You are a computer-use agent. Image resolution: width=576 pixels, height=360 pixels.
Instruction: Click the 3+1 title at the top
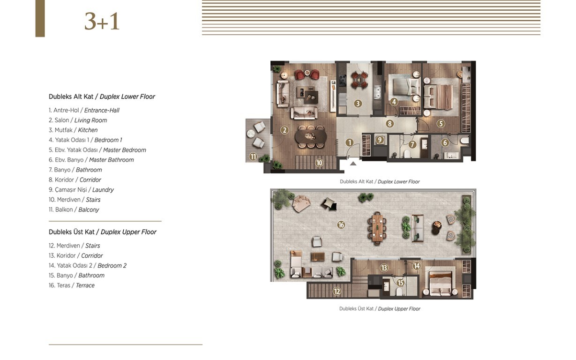point(102,22)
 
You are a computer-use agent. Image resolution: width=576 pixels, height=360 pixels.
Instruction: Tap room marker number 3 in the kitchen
point(358,104)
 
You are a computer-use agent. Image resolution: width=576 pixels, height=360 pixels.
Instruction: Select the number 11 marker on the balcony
point(253,157)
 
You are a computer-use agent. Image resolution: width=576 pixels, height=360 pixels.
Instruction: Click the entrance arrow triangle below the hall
point(353,163)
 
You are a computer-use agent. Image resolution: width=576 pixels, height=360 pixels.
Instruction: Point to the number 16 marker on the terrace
point(341,225)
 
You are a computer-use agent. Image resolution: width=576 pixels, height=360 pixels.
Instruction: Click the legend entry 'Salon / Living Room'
point(78,120)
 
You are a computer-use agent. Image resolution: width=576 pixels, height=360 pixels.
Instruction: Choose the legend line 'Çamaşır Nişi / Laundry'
point(81,190)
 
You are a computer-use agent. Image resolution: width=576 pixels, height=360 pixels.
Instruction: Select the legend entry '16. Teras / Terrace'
point(72,285)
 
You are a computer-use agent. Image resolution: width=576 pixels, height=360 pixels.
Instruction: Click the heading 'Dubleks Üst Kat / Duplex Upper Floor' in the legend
point(102,232)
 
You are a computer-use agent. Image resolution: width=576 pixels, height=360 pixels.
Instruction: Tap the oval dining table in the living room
point(311,136)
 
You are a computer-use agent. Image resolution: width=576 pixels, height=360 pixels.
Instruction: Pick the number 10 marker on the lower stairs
point(319,163)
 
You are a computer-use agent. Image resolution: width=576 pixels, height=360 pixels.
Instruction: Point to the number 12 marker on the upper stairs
point(337,292)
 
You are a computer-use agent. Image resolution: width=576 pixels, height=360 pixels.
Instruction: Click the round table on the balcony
point(250,134)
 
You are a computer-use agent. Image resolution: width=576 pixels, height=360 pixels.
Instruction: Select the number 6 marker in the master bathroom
point(445,142)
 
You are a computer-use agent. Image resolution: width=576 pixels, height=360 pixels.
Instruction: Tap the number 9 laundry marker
point(380,140)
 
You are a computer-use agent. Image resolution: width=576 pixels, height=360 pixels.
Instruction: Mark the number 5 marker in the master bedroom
point(441,124)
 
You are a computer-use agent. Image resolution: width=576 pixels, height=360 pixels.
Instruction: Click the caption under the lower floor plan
point(380,181)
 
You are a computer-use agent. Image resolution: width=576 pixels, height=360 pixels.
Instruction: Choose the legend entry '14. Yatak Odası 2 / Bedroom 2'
point(88,266)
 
